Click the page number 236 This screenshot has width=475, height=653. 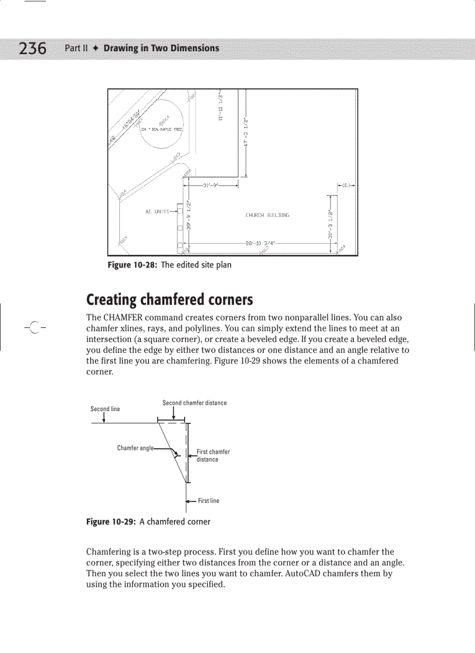pyautogui.click(x=33, y=48)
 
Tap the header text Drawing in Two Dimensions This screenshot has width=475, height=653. pyautogui.click(x=161, y=48)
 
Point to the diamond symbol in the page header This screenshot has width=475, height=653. pyautogui.click(x=96, y=48)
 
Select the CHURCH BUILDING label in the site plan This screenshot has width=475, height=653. pyautogui.click(x=267, y=215)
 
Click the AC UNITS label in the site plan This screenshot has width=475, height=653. pyautogui.click(x=157, y=212)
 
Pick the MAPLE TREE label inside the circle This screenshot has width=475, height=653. pyautogui.click(x=162, y=129)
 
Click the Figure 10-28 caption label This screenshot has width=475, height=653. pyautogui.click(x=133, y=265)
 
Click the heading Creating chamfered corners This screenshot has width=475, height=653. pyautogui.click(x=169, y=300)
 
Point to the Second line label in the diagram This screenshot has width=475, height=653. pyautogui.click(x=105, y=409)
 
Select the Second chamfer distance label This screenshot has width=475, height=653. pyautogui.click(x=194, y=403)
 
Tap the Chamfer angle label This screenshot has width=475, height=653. pyautogui.click(x=135, y=448)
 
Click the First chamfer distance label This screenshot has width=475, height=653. pyautogui.click(x=212, y=455)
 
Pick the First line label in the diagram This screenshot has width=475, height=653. pyautogui.click(x=208, y=501)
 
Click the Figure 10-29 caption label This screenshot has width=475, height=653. pyautogui.click(x=111, y=522)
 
